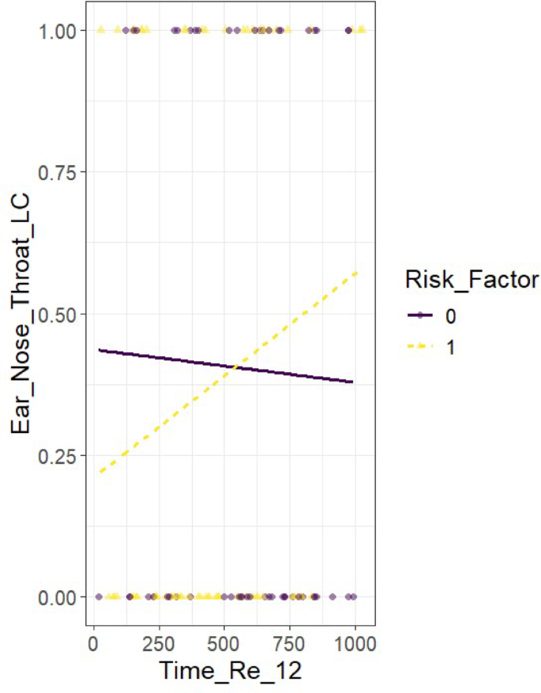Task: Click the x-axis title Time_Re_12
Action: pyautogui.click(x=230, y=669)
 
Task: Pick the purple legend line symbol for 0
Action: pyautogui.click(x=419, y=315)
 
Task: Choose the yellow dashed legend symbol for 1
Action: pyautogui.click(x=419, y=347)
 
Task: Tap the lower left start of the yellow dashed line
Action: pyautogui.click(x=98, y=473)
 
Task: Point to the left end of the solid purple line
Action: pyautogui.click(x=98, y=349)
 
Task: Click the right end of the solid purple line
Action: pyautogui.click(x=353, y=382)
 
